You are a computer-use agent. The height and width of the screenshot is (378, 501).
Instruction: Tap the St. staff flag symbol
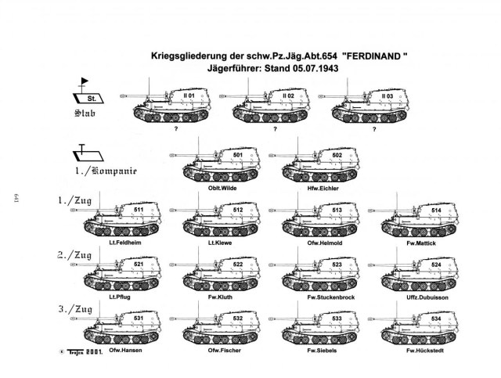click(x=88, y=95)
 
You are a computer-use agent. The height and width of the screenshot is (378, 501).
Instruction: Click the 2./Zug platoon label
click(x=74, y=255)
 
